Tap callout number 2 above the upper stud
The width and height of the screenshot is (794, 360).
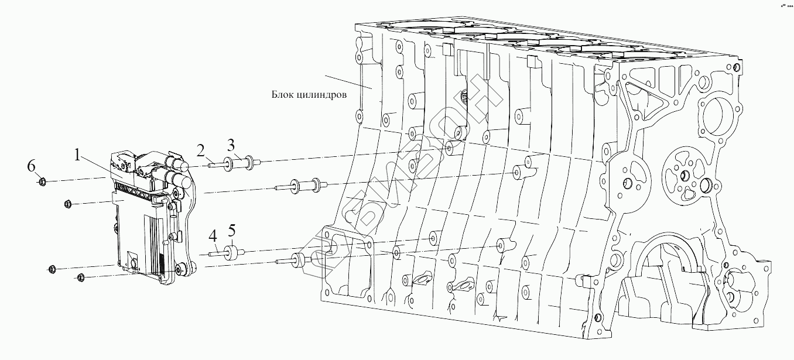[201, 152]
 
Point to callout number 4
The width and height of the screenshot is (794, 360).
[213, 237]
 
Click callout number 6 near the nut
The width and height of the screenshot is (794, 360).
[32, 166]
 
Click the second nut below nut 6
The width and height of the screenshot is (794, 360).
[67, 204]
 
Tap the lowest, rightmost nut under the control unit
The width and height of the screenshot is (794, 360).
[81, 277]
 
